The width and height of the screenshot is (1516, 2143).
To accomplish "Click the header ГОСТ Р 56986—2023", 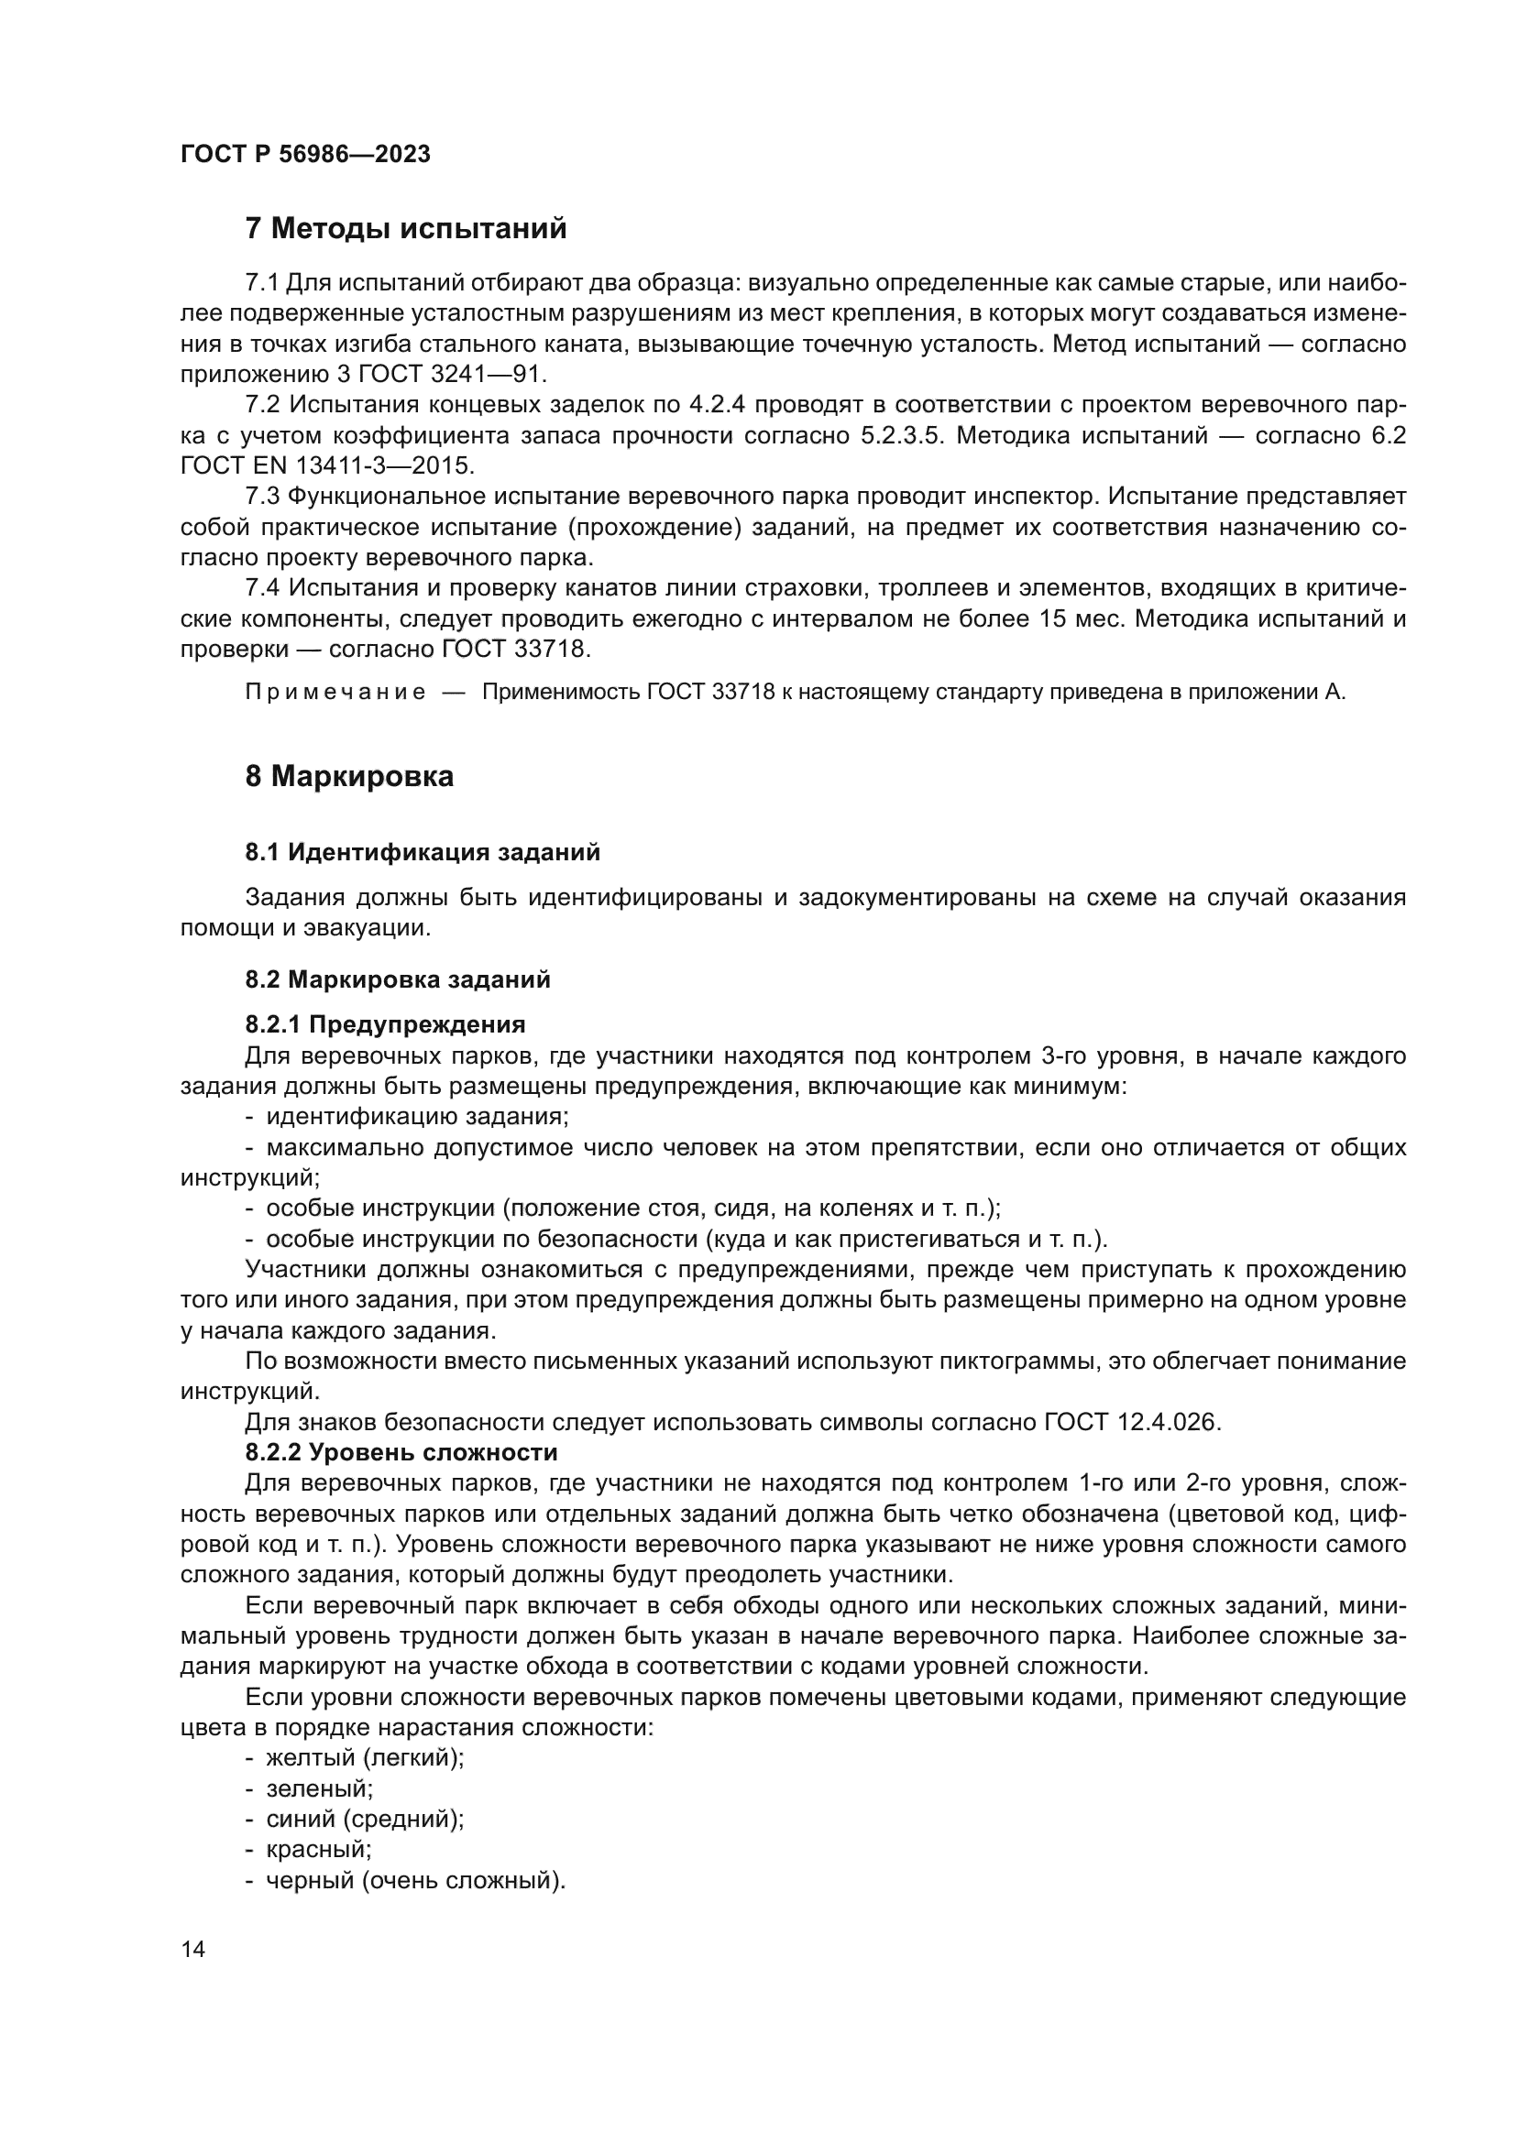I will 305,155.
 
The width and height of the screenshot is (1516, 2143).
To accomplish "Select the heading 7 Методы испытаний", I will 405,229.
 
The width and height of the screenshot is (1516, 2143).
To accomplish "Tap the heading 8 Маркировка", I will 349,777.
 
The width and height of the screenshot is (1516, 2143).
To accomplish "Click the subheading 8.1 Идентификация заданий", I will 422,852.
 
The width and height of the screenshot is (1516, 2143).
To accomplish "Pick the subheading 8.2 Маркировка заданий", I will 398,980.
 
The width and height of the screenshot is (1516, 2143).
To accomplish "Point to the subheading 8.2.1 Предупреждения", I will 385,1025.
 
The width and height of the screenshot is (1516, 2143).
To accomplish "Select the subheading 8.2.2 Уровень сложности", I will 401,1453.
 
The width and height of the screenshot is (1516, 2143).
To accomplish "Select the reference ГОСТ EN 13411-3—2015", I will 326,465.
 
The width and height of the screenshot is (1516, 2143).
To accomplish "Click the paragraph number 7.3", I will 262,497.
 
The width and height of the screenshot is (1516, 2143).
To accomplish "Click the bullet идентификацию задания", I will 416,1117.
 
